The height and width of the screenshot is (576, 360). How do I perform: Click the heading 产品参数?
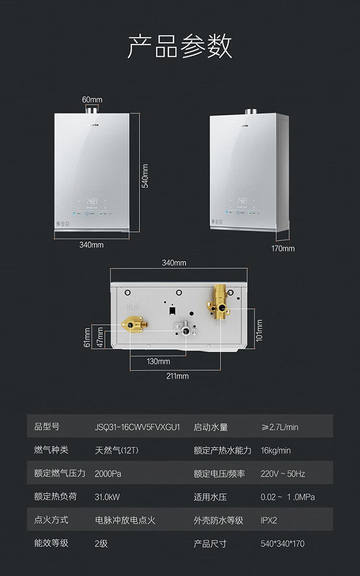(180, 47)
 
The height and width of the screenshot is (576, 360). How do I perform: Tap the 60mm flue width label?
(92, 99)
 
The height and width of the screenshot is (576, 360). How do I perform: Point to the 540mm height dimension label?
(145, 176)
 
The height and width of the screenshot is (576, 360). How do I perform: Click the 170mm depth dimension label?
(283, 248)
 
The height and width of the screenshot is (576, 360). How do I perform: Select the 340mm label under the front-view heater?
(91, 245)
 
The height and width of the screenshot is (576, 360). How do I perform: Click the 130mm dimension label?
(158, 361)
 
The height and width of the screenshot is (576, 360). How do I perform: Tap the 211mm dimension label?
(177, 376)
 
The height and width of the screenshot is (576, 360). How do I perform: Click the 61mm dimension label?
(87, 337)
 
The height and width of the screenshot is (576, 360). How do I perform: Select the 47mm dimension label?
(100, 337)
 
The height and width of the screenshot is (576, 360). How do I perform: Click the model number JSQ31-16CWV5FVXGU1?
(137, 426)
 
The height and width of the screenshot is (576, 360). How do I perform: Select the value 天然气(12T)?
(117, 450)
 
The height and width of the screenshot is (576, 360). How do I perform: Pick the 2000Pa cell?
(108, 474)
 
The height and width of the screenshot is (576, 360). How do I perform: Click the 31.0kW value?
(107, 497)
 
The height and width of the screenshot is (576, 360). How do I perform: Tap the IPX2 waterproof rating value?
(269, 520)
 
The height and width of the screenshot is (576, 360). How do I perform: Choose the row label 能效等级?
(51, 543)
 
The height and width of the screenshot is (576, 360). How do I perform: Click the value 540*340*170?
(282, 543)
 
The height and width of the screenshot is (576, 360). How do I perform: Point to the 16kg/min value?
(276, 450)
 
